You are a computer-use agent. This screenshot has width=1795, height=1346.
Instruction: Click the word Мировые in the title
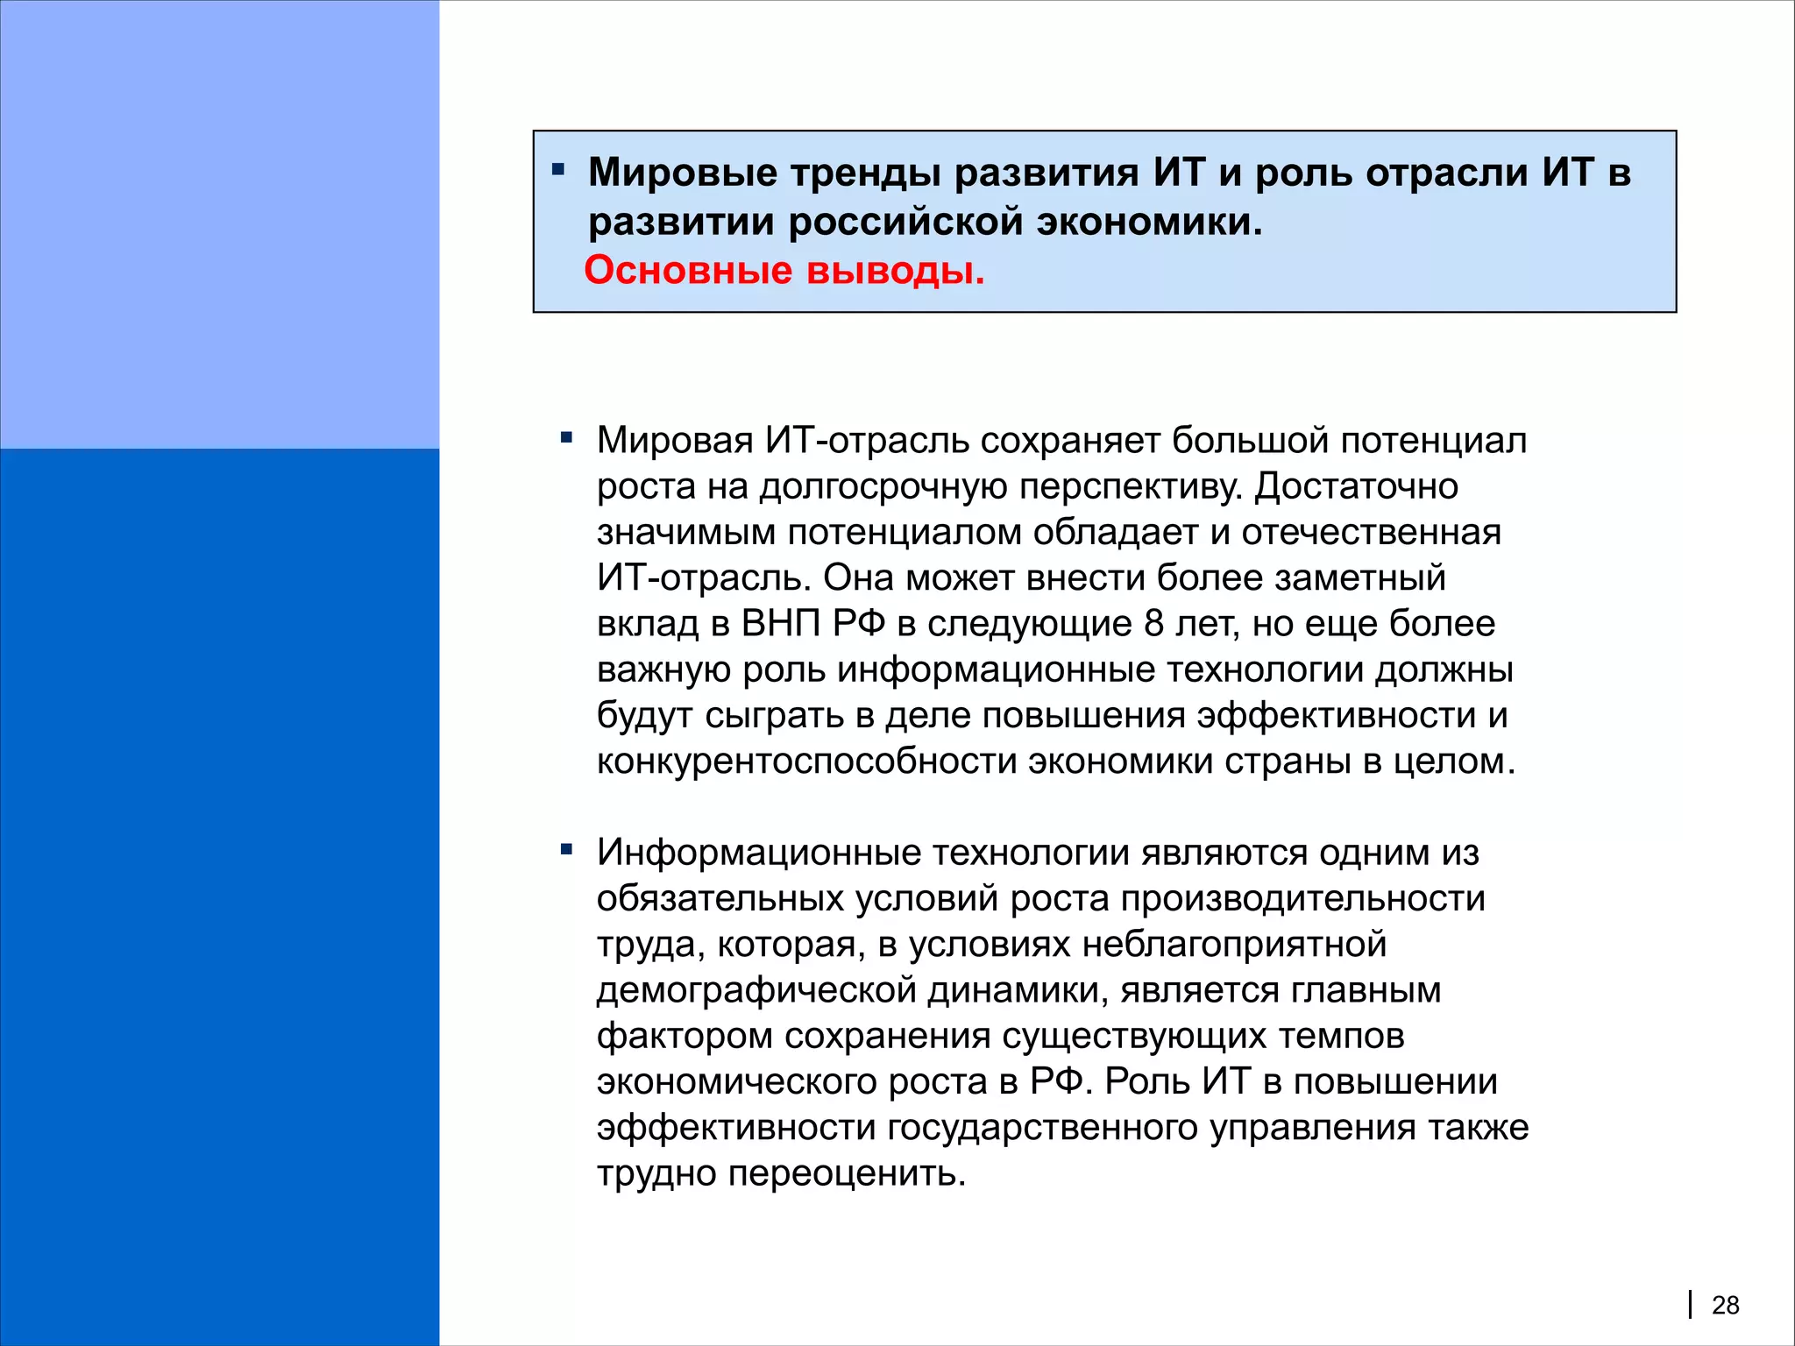[x=683, y=173]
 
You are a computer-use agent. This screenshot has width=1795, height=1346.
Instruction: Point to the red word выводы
[x=895, y=271]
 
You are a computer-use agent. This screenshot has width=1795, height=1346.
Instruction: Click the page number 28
[x=1725, y=1305]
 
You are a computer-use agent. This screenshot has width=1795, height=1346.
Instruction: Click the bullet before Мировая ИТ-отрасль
[x=566, y=436]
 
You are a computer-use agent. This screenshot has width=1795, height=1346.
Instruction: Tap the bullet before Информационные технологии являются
[x=566, y=849]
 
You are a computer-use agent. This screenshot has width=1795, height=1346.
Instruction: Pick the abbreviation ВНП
[x=781, y=624]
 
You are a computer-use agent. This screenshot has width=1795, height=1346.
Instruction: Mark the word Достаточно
[x=1356, y=486]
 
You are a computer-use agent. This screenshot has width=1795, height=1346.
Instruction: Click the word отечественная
[x=1371, y=533]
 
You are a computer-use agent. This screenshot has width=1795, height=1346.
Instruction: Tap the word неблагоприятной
[x=1234, y=945]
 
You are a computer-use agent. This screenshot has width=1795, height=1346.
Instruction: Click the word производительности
[x=1302, y=899]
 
